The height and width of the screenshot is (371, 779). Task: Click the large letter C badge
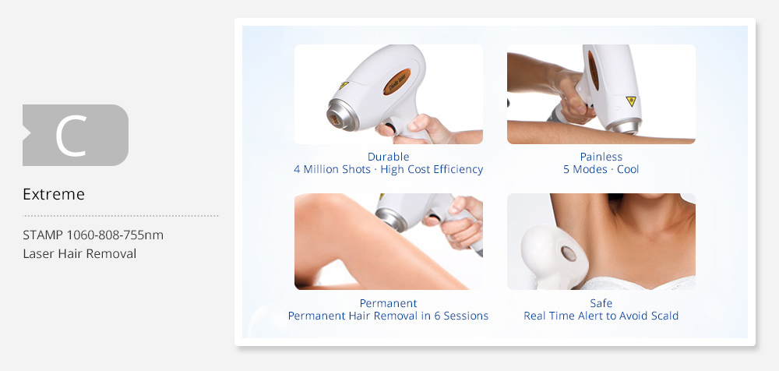click(x=76, y=136)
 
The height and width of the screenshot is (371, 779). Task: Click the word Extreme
click(x=54, y=194)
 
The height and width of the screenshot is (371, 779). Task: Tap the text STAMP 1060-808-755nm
click(x=93, y=235)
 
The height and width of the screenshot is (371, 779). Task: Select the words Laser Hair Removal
click(x=79, y=253)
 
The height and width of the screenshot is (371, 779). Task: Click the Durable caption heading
click(x=389, y=157)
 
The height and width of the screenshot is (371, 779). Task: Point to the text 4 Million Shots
click(x=332, y=170)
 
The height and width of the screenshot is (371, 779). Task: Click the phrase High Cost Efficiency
click(x=432, y=170)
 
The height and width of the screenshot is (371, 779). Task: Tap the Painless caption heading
click(x=601, y=157)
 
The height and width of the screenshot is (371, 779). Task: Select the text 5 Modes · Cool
click(x=601, y=170)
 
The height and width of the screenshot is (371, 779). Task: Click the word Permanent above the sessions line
click(x=389, y=303)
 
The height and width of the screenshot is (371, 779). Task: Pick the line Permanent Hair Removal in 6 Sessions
click(x=389, y=316)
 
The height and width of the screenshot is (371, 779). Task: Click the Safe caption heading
click(x=601, y=303)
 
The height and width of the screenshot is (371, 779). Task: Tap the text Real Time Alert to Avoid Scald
click(x=601, y=316)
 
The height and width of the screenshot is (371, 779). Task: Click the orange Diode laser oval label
click(x=397, y=82)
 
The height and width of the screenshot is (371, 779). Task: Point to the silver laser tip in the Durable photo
click(x=342, y=115)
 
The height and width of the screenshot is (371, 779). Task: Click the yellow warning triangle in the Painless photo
click(x=631, y=101)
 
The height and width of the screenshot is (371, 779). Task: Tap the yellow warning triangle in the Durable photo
click(x=344, y=85)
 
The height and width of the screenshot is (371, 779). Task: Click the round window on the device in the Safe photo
click(x=568, y=253)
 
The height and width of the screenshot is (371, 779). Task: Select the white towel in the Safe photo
click(x=639, y=282)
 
